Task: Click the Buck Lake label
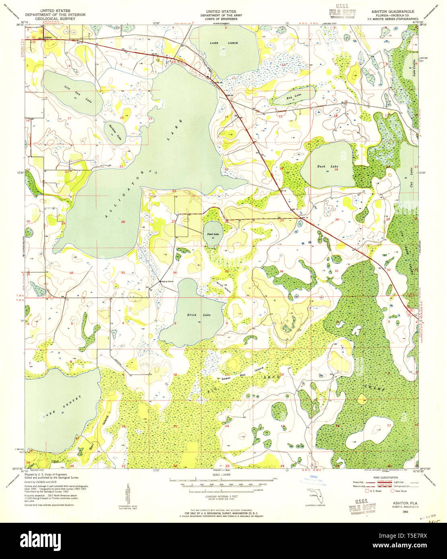(x=322, y=166)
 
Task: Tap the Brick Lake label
(x=191, y=315)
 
